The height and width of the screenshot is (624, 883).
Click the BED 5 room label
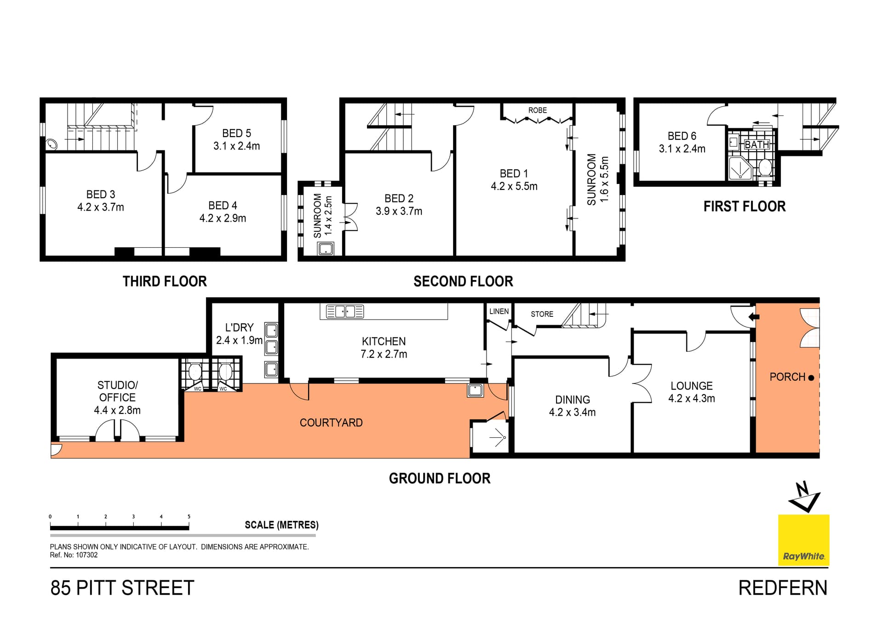236,133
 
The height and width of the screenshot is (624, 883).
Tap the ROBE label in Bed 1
538,110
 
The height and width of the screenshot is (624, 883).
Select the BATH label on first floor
757,144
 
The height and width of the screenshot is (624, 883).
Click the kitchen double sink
345,311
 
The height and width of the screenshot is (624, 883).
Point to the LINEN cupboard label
499,311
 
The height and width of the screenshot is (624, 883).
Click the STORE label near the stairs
542,314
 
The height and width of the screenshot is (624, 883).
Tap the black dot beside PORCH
811,378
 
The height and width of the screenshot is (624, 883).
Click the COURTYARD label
331,423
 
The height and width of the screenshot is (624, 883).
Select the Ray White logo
803,540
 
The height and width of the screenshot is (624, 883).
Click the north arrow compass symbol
804,497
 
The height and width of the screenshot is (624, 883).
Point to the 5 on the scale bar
189,516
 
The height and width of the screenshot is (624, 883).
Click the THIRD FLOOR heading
165,281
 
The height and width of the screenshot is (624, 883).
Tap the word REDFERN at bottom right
783,588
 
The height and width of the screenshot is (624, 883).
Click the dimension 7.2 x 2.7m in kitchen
384,354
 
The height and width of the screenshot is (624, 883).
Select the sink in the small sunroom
326,249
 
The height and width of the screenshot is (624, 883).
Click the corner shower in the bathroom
740,168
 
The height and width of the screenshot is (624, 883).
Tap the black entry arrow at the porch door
753,317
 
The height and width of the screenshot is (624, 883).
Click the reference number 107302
86,555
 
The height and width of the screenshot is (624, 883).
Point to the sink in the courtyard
475,390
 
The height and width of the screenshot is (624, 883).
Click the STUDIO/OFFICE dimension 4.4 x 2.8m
117,410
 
